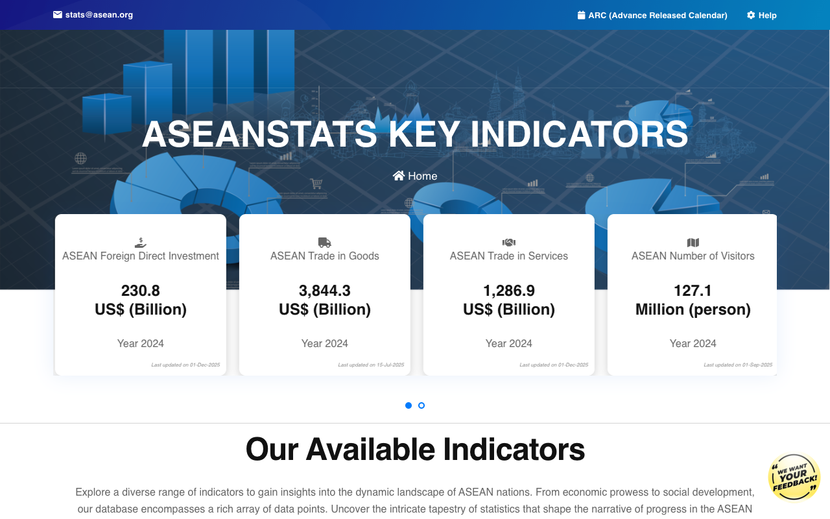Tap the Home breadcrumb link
[422, 176]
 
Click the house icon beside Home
[399, 176]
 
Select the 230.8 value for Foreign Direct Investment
[141, 291]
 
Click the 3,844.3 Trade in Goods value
[325, 291]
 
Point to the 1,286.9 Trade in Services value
[509, 291]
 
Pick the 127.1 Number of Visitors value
[693, 291]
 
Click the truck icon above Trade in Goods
[325, 243]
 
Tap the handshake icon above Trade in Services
[509, 243]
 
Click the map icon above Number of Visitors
[693, 243]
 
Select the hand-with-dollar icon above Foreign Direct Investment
[141, 243]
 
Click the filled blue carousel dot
[409, 405]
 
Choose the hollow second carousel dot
[421, 405]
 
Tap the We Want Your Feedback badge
[794, 477]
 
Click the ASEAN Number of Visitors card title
[693, 256]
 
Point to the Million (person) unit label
[693, 309]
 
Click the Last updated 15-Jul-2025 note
[371, 365]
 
